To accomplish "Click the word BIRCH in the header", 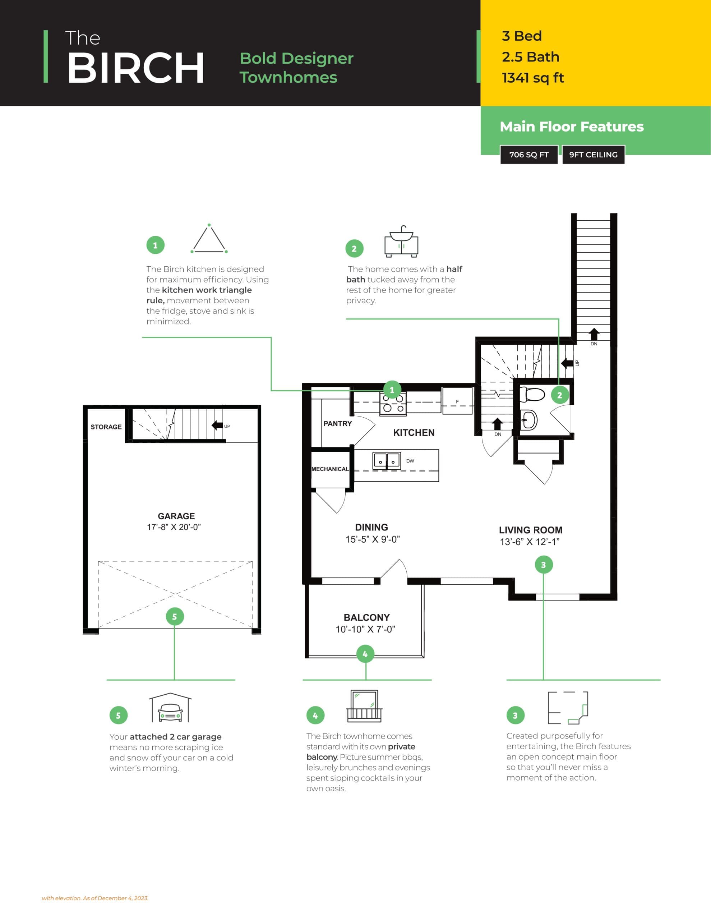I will (136, 68).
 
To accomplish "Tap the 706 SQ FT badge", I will (528, 155).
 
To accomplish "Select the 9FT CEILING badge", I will (593, 155).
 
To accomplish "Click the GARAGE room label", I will (176, 516).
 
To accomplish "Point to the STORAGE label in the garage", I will (106, 427).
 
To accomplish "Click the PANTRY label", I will (337, 424).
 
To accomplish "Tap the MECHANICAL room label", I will (330, 469).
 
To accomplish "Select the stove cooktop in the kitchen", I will (393, 403).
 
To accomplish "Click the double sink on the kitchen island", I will (387, 460).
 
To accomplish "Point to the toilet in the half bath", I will (532, 395).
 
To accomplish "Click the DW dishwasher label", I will (410, 461).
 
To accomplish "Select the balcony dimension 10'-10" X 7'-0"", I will (365, 629).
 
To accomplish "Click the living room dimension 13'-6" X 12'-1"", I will (530, 542).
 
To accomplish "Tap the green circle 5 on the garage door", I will (174, 617).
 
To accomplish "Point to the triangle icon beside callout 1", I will (209, 239).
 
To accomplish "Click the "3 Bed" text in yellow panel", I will (521, 36).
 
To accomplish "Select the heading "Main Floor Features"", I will (572, 127).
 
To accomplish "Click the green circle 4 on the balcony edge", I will (365, 654).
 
